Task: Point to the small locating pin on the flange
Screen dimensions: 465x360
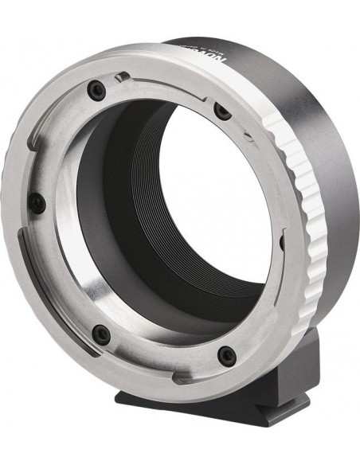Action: [119, 76]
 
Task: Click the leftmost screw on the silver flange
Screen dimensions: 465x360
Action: [36, 203]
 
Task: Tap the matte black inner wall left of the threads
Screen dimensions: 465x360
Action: [104, 215]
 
